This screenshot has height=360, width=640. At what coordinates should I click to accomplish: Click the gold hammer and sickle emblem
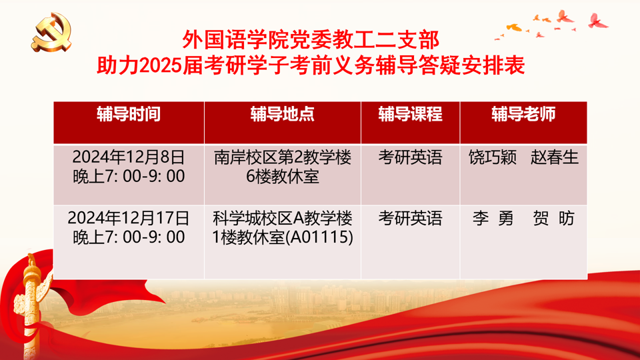pyautogui.click(x=52, y=32)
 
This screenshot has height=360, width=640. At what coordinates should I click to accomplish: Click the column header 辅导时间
pyautogui.click(x=129, y=114)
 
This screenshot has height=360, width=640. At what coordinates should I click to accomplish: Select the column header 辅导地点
pyautogui.click(x=283, y=114)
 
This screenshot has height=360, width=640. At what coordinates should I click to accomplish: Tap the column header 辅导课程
pyautogui.click(x=410, y=114)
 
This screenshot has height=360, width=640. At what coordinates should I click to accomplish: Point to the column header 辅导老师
pyautogui.click(x=523, y=114)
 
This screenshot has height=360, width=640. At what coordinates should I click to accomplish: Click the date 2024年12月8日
pyautogui.click(x=129, y=157)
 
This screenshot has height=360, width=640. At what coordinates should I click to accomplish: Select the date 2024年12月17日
pyautogui.click(x=129, y=218)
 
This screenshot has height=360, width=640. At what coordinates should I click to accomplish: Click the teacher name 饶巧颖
pyautogui.click(x=493, y=157)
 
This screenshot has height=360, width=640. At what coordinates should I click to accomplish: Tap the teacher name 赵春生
pyautogui.click(x=554, y=157)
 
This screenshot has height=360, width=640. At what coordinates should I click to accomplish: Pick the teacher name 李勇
pyautogui.click(x=493, y=219)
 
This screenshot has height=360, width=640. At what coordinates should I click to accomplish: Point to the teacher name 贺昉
pyautogui.click(x=554, y=219)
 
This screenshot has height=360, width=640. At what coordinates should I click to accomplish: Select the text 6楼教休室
pyautogui.click(x=283, y=176)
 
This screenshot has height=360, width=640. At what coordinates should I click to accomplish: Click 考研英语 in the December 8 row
pyautogui.click(x=410, y=157)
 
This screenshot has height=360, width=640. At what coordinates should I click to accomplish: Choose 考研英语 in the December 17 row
pyautogui.click(x=410, y=219)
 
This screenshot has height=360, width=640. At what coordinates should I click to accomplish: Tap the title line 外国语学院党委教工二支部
pyautogui.click(x=311, y=40)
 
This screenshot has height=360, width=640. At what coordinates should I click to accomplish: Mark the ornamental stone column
pyautogui.click(x=31, y=306)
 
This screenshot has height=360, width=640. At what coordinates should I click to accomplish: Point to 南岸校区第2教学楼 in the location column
pyautogui.click(x=283, y=157)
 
